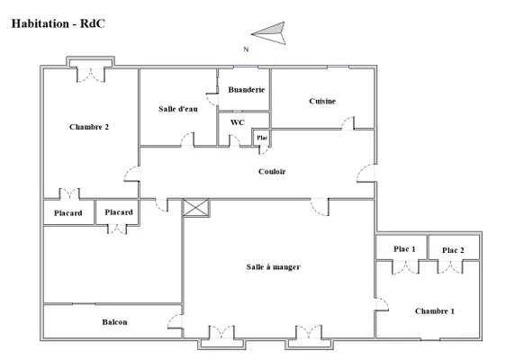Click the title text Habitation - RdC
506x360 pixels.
click(59, 24)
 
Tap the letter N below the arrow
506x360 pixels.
click(246, 49)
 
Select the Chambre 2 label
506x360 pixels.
click(89, 127)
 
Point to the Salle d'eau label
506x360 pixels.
click(178, 109)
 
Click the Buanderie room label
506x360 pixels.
click(247, 90)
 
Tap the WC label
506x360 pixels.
click(238, 122)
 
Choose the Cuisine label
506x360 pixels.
click(322, 102)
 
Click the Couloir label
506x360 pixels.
click(272, 172)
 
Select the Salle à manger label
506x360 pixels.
click(274, 267)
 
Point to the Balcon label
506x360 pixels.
click(114, 322)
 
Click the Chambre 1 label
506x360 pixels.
click(435, 311)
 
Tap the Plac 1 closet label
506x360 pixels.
click(404, 249)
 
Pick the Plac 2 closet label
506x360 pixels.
click(453, 250)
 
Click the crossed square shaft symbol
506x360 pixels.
click(196, 208)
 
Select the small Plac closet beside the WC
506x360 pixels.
click(262, 138)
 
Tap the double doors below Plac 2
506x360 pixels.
click(450, 266)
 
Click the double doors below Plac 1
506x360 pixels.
click(406, 266)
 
